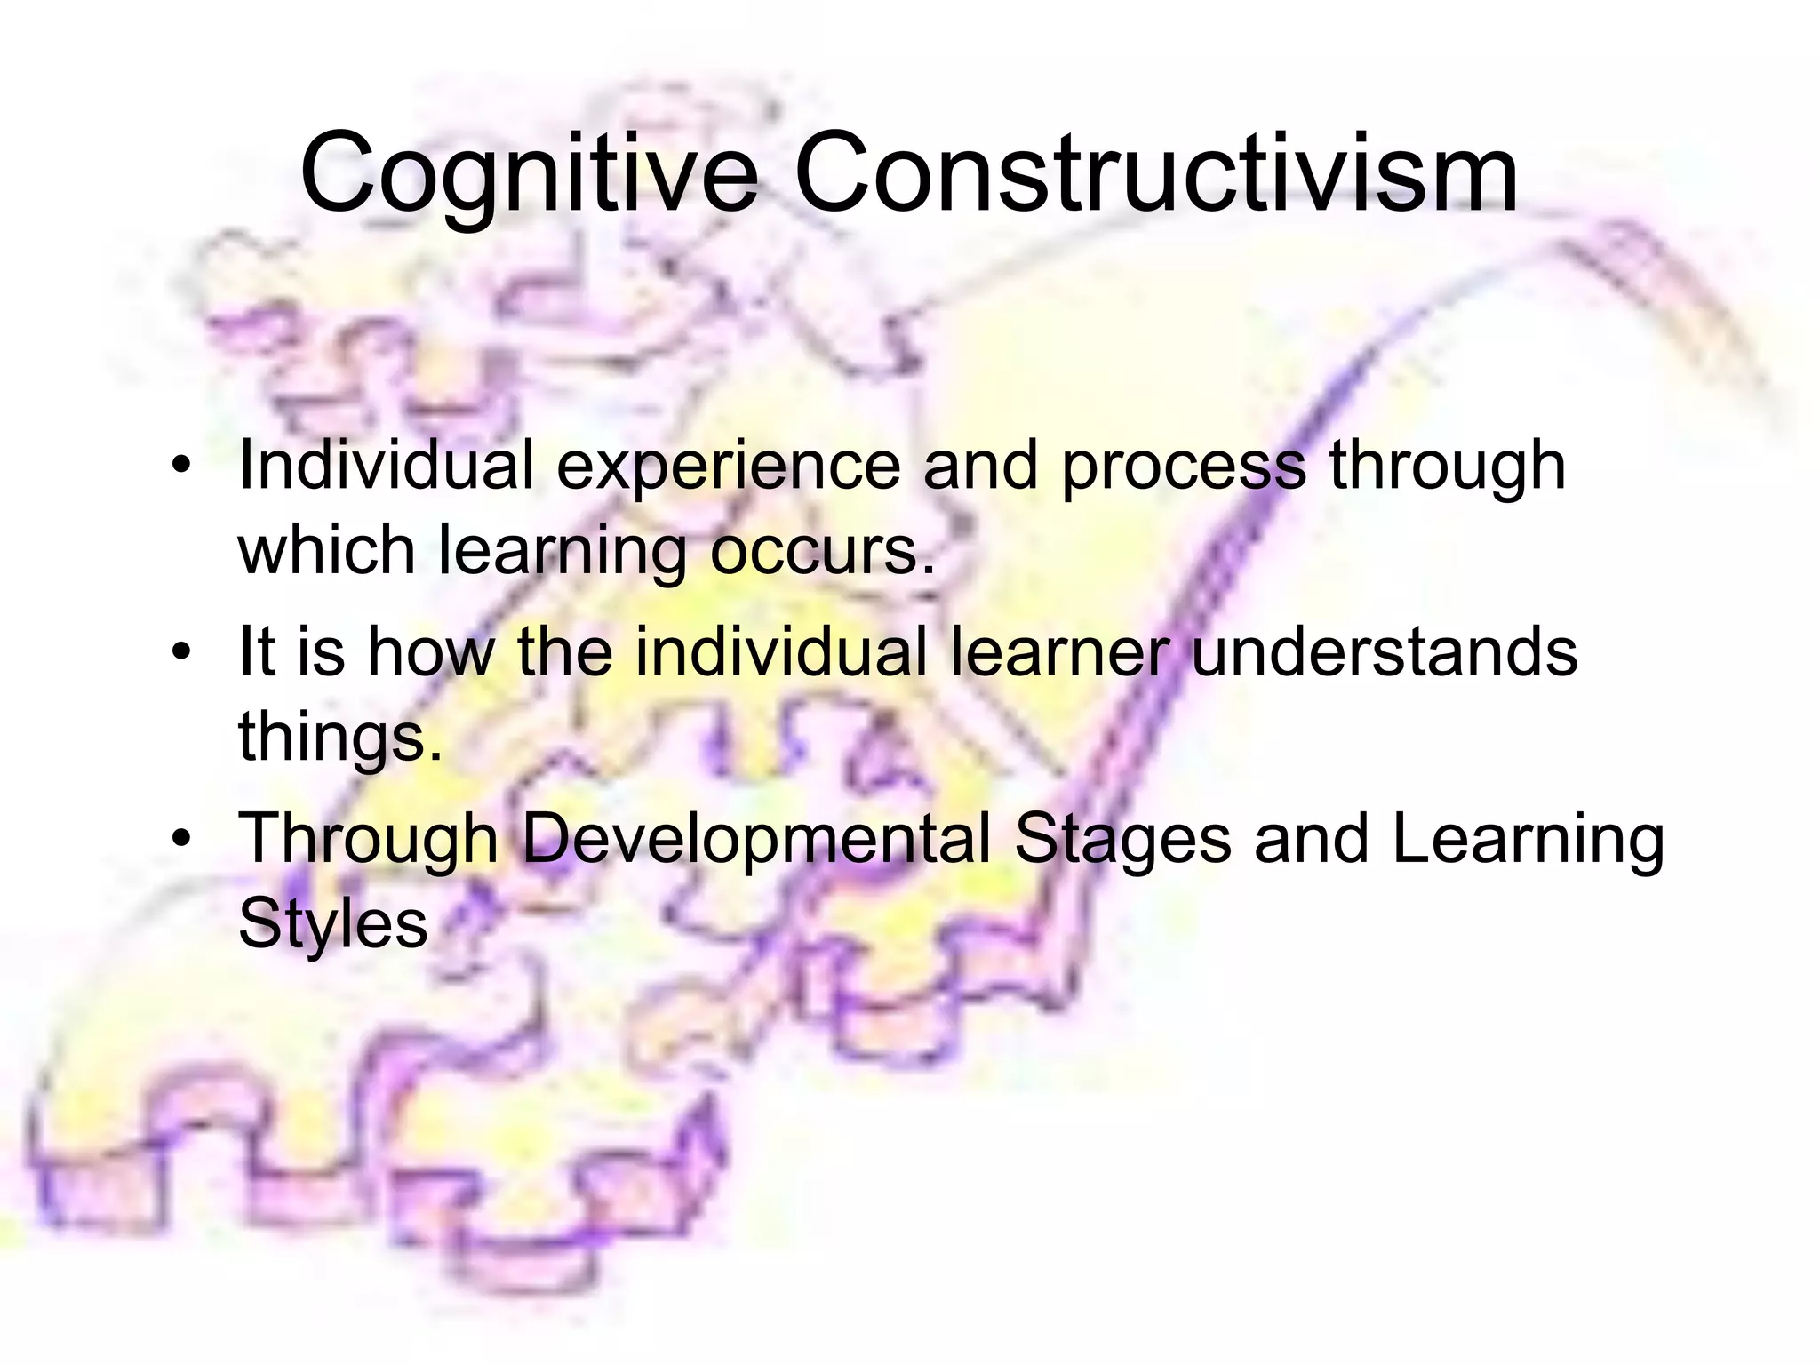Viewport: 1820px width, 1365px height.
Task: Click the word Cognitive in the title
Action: (530, 174)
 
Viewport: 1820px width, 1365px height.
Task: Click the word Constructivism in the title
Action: (1155, 172)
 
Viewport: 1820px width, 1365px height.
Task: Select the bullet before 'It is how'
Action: (181, 652)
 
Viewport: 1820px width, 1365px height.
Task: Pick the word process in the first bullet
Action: (1183, 468)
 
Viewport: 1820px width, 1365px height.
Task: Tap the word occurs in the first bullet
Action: (822, 551)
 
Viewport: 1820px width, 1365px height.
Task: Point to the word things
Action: (339, 738)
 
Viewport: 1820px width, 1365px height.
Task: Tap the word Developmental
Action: (755, 840)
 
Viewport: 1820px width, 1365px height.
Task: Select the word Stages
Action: (1122, 840)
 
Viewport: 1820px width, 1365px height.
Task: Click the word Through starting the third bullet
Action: (368, 840)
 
